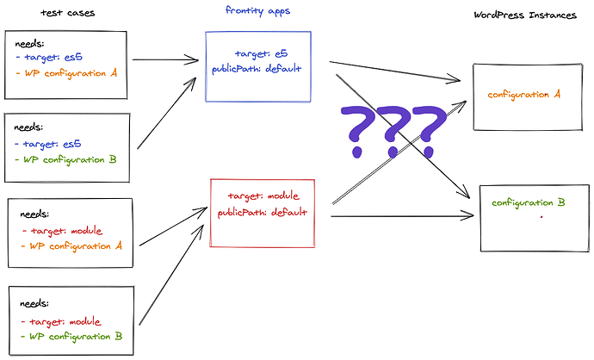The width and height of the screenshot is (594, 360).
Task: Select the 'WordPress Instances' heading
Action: [526, 16]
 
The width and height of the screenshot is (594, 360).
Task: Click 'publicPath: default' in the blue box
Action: [257, 67]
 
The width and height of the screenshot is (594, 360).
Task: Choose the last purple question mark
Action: [428, 129]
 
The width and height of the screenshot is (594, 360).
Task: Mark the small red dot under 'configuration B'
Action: [541, 219]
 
